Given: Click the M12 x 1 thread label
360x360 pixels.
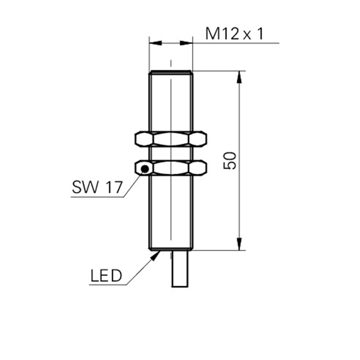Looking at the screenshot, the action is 234,33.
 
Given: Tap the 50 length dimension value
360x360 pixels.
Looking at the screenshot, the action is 230,161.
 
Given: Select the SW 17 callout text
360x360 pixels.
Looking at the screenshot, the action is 97,187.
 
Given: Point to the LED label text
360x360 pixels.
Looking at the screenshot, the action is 106,275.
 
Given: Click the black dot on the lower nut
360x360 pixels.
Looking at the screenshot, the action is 145,169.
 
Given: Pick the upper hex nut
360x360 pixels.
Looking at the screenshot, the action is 171,139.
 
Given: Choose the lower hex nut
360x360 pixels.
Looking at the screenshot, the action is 171,168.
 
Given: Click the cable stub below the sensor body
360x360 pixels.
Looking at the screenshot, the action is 180,269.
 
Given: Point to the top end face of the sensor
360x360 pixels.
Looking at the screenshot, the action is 171,71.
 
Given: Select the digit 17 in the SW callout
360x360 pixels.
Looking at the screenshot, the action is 114,187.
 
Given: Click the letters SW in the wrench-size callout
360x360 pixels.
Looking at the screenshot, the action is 85,187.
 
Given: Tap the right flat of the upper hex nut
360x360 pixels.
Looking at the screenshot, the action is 198,139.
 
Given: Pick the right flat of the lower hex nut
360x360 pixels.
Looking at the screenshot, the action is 198,168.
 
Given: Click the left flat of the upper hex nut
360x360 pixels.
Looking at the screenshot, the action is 144,139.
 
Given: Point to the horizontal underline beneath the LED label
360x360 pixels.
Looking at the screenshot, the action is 108,285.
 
